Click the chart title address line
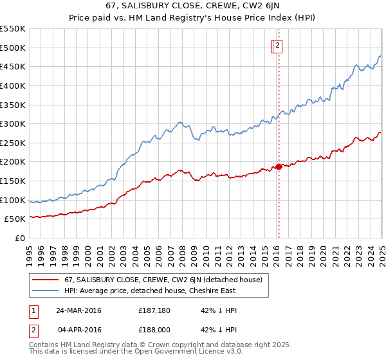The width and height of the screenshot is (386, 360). tap(192, 6)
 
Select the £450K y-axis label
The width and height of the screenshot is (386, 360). tap(13, 66)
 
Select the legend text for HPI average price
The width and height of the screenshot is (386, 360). tap(150, 291)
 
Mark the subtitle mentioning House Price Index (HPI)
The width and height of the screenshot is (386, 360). tap(192, 17)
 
